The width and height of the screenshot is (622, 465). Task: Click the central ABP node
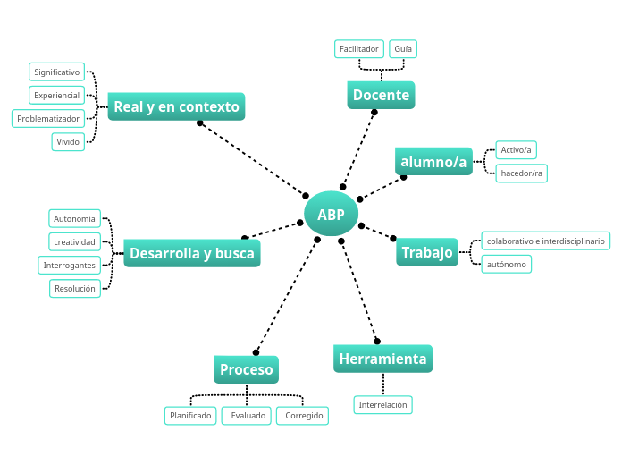331,215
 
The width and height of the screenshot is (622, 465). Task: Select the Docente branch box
381,95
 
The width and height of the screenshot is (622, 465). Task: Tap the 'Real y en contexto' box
176,107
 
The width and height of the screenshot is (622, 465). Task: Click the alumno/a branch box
433,162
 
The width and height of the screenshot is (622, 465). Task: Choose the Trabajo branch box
427,252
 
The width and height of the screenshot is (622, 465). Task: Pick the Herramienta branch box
382,359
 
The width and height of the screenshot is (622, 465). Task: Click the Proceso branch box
247,369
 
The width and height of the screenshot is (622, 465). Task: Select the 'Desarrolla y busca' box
191,253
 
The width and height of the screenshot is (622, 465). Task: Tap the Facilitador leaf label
359,48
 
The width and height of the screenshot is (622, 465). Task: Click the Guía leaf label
403,48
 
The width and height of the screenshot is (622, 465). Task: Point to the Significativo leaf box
56,72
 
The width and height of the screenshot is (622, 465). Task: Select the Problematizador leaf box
49,118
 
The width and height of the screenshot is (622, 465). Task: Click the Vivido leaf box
68,141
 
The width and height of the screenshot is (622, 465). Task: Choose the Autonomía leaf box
74,218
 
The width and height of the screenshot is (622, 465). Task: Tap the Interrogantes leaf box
69,265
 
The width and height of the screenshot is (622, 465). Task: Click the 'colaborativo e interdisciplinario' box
545,241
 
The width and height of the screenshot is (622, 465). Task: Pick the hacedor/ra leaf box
522,173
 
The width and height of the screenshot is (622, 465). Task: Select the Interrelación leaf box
382,405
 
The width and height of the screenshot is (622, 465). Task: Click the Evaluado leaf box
247,416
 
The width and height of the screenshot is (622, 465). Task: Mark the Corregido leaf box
303,416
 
